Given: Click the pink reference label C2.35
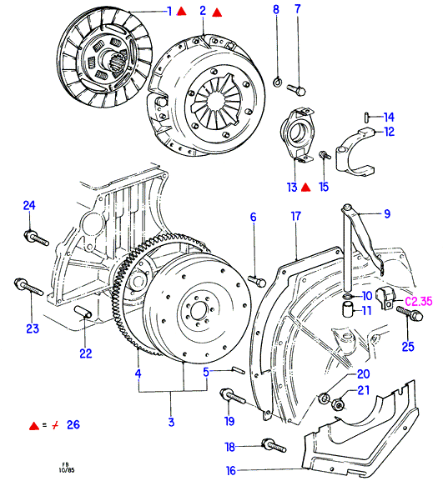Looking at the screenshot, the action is pos(419,301).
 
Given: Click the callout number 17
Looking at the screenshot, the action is pos(295,217).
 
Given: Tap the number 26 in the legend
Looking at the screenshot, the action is pos(73,424).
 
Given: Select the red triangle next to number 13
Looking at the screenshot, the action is pos(305,187).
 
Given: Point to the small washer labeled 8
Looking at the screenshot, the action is pos(278,82).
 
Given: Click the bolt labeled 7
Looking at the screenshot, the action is pos(296,89).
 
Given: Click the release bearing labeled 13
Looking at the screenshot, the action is pos(297,135).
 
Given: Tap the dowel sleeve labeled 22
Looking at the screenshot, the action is pos(83,313).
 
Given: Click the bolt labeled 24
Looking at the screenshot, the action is pos(36,238).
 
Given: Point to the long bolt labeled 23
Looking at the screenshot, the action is pos(29,287).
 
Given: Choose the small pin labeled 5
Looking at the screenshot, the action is pos(239,370).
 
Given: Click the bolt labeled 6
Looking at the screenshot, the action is pos(257,281).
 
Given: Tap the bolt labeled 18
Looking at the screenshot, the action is pos(274,446).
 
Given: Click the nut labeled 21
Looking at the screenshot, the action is pos(338,405).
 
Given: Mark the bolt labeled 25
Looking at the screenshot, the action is pos(410,313).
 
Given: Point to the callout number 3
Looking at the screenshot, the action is pos(171,422).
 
